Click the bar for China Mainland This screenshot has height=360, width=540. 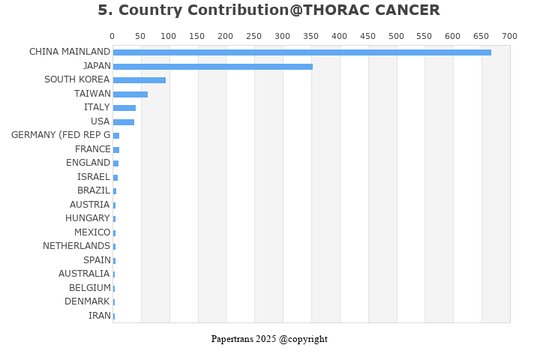[301, 52]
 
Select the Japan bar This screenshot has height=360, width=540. [212, 67]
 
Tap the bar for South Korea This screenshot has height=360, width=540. [139, 80]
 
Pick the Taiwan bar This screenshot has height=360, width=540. [130, 94]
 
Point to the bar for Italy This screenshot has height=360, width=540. [124, 108]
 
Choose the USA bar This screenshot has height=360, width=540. [123, 122]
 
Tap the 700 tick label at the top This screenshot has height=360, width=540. [510, 36]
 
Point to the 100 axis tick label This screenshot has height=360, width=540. [169, 36]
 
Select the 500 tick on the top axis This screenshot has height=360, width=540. [396, 36]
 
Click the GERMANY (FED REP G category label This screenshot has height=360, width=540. [61, 135]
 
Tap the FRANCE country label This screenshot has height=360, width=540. [92, 149]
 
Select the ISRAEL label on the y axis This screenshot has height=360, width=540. [94, 177]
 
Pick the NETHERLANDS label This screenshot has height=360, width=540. [76, 246]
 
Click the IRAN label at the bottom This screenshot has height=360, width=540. [99, 316]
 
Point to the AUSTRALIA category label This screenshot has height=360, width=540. [84, 274]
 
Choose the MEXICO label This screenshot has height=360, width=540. [91, 232]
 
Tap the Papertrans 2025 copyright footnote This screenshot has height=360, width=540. [269, 339]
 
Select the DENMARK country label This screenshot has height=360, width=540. [87, 301]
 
